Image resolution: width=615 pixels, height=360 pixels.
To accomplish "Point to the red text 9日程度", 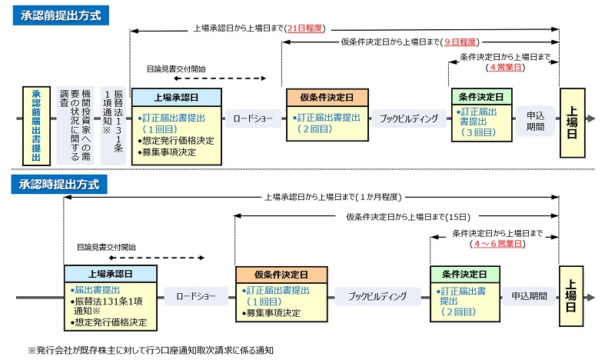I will (459, 42).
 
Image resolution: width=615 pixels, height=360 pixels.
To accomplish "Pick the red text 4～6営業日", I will (497, 243).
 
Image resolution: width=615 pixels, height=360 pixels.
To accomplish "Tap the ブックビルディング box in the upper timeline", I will (409, 118).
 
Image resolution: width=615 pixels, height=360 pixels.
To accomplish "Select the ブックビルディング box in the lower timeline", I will (377, 295).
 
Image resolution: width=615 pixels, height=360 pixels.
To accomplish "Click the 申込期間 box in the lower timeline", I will (529, 295).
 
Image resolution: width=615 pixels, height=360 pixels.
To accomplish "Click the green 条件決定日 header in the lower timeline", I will (464, 274).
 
